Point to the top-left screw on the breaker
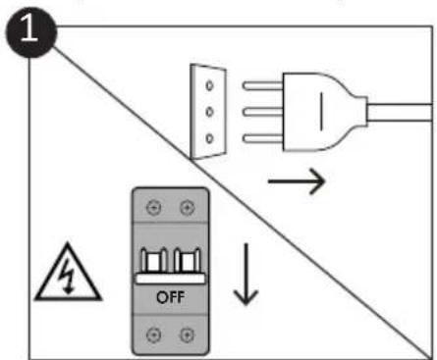(150, 209)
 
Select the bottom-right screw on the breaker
(183, 334)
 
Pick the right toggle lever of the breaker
(183, 260)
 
